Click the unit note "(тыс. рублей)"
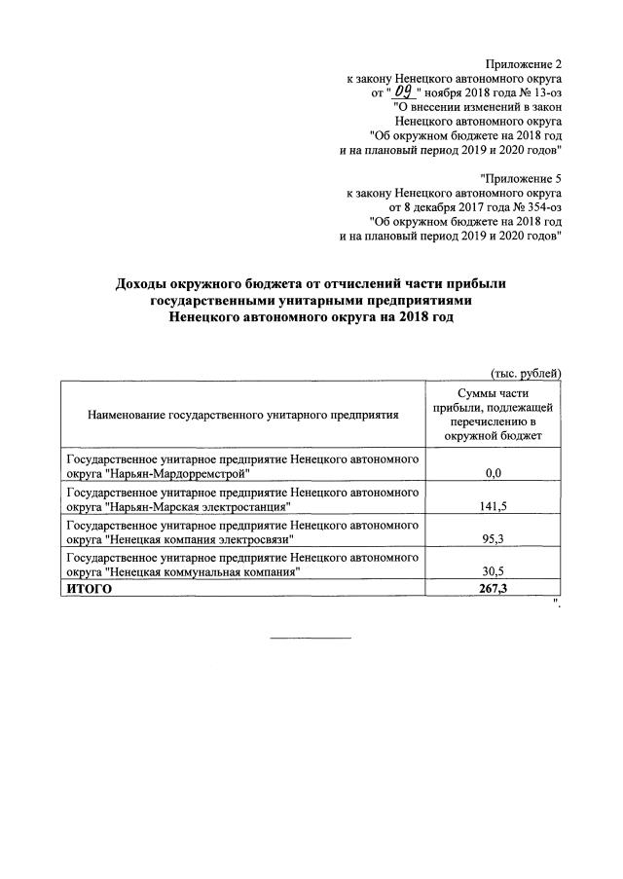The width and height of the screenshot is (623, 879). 525,373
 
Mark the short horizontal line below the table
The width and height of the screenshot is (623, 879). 310,638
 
